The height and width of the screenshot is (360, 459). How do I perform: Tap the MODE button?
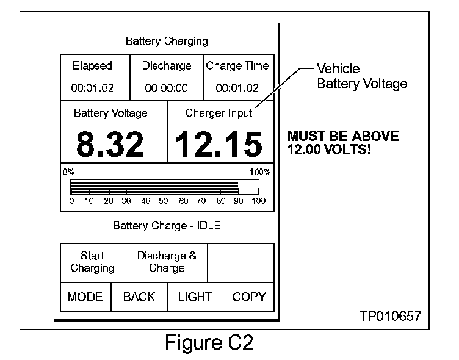click(85, 297)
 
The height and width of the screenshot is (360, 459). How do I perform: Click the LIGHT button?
click(195, 297)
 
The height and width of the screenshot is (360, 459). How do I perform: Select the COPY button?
click(249, 297)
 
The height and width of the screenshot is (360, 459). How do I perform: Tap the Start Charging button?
click(92, 262)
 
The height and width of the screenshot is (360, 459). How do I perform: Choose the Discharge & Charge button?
click(167, 262)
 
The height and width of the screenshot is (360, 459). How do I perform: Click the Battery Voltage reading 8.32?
click(110, 145)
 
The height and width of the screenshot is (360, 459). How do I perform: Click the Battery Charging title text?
click(167, 41)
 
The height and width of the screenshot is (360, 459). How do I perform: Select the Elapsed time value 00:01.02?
click(92, 88)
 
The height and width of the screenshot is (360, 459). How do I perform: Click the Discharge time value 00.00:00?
click(167, 88)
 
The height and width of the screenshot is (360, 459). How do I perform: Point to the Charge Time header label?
click(237, 66)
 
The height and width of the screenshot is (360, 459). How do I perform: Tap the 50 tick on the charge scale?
click(164, 200)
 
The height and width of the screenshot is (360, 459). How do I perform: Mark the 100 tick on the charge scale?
click(258, 200)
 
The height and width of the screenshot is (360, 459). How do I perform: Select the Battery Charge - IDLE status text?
click(167, 226)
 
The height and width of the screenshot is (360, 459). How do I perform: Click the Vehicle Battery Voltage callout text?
click(361, 76)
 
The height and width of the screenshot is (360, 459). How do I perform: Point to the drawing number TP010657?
click(390, 316)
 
